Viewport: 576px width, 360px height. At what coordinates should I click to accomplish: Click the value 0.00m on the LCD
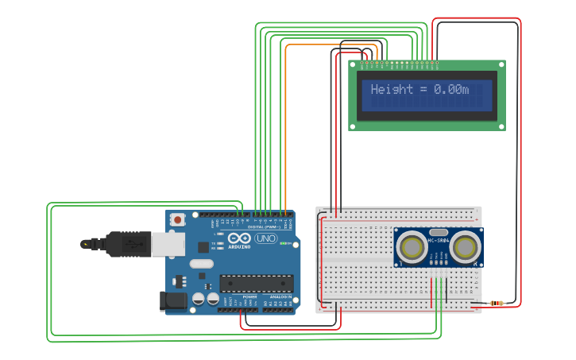point(451,90)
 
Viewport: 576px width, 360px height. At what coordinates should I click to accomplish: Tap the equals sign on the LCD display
point(421,90)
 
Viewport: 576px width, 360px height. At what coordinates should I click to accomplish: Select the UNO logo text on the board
point(265,238)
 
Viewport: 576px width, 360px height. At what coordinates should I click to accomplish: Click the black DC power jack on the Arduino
point(172,300)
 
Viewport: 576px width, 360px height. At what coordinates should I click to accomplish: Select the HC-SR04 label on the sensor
point(438,240)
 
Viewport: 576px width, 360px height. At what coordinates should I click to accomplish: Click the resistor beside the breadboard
point(497,303)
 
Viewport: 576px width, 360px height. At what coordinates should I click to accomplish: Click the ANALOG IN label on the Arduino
point(281,297)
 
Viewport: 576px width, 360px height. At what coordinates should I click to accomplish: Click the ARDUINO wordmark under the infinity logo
point(239,246)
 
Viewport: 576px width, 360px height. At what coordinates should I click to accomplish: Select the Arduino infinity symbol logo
point(239,238)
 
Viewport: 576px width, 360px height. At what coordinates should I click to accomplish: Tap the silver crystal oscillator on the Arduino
point(202,263)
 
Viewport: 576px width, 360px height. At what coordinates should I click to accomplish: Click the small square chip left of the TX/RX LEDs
point(203,246)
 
